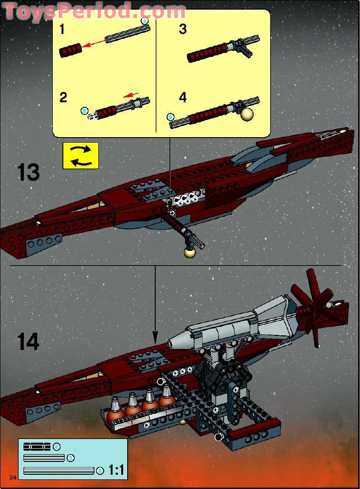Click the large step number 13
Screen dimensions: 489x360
click(x=28, y=172)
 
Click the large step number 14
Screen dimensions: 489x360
click(x=28, y=342)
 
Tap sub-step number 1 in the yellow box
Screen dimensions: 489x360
click(x=62, y=30)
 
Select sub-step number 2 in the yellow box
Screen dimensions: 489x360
click(x=63, y=97)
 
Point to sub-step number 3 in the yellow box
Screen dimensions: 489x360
click(x=183, y=30)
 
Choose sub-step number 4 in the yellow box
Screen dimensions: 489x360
click(x=183, y=97)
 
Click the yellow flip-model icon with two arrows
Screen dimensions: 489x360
click(x=80, y=156)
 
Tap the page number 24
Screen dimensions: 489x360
click(x=12, y=478)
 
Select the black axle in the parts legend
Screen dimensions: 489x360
click(x=37, y=447)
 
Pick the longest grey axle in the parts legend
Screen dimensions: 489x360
click(x=58, y=471)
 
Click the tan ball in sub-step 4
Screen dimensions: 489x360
click(x=247, y=114)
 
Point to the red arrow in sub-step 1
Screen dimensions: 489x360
click(x=94, y=43)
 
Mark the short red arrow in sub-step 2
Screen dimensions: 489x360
click(x=132, y=95)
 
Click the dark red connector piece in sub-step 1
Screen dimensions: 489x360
click(x=70, y=50)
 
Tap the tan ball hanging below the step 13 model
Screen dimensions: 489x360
click(x=189, y=251)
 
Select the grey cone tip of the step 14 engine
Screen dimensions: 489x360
click(x=174, y=342)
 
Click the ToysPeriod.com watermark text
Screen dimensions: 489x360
click(x=94, y=11)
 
